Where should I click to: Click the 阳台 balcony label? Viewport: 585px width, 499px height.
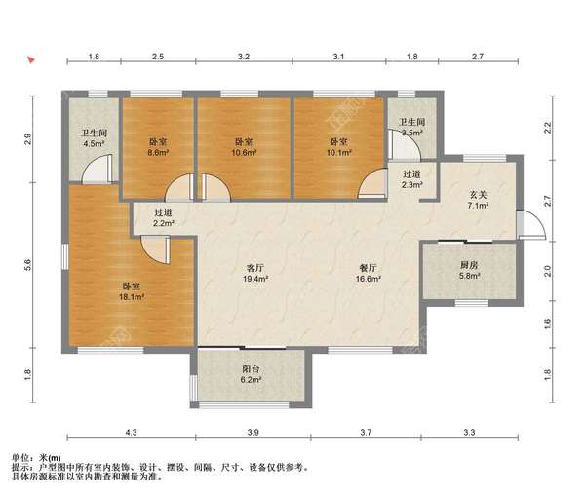point(251,369)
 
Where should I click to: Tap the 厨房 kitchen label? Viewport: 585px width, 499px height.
point(469,265)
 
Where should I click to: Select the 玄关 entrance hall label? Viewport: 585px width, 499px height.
point(478,195)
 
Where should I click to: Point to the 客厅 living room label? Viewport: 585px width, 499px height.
point(255,268)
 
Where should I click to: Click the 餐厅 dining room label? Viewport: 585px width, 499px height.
point(368,268)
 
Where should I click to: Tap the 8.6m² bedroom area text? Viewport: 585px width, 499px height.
point(158,152)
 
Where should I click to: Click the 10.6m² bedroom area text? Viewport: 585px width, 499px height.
point(244,152)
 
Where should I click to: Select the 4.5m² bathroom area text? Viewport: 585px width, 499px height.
point(94,143)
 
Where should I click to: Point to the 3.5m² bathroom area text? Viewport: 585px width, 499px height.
point(412,133)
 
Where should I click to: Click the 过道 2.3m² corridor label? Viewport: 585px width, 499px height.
point(412,179)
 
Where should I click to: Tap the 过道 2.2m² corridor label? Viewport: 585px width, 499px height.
point(164,217)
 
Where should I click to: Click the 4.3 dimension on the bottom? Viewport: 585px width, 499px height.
point(131,433)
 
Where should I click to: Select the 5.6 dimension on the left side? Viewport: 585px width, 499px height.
point(27,265)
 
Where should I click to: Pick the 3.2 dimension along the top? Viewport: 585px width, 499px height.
point(244,57)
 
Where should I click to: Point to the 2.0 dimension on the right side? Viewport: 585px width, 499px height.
point(547,271)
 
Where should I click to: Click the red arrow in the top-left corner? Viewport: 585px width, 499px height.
point(31,59)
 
